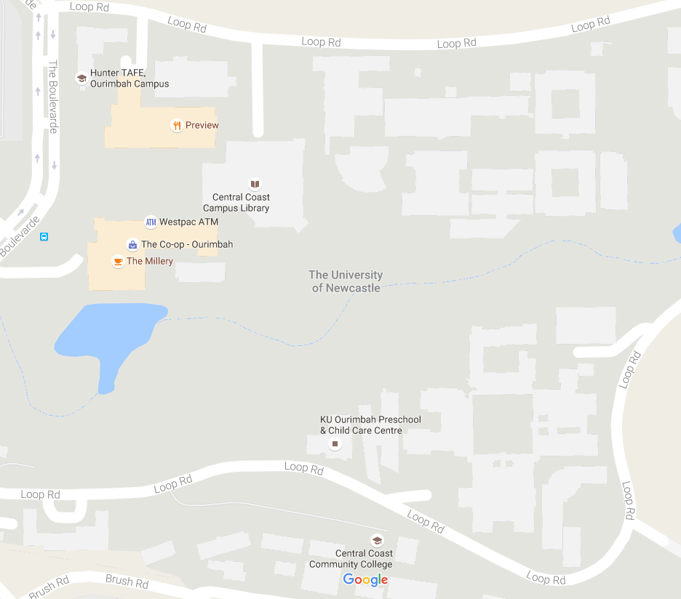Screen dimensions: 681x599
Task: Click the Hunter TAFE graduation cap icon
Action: tap(81, 79)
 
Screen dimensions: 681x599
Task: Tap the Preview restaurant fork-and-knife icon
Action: tap(176, 125)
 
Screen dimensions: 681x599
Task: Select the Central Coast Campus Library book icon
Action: tap(255, 185)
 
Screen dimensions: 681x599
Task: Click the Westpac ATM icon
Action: tap(151, 222)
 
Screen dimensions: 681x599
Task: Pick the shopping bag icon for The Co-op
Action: tap(132, 244)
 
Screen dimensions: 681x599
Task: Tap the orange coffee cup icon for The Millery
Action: tap(117, 261)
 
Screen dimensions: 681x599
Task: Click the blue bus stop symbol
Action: tap(44, 237)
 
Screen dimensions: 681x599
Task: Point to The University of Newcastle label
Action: tap(346, 281)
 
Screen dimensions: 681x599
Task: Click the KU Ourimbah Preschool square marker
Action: tap(335, 443)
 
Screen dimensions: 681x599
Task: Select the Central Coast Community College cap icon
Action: tap(377, 540)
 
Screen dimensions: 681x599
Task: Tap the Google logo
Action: tap(365, 579)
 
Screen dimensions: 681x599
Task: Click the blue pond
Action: tap(109, 334)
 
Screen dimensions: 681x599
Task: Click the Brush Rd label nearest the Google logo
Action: tap(127, 582)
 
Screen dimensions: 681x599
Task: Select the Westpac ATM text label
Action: tap(188, 222)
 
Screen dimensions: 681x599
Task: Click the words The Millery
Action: tap(150, 261)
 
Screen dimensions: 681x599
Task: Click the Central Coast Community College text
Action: tap(351, 559)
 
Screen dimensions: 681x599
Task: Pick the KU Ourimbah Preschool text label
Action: tap(370, 425)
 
